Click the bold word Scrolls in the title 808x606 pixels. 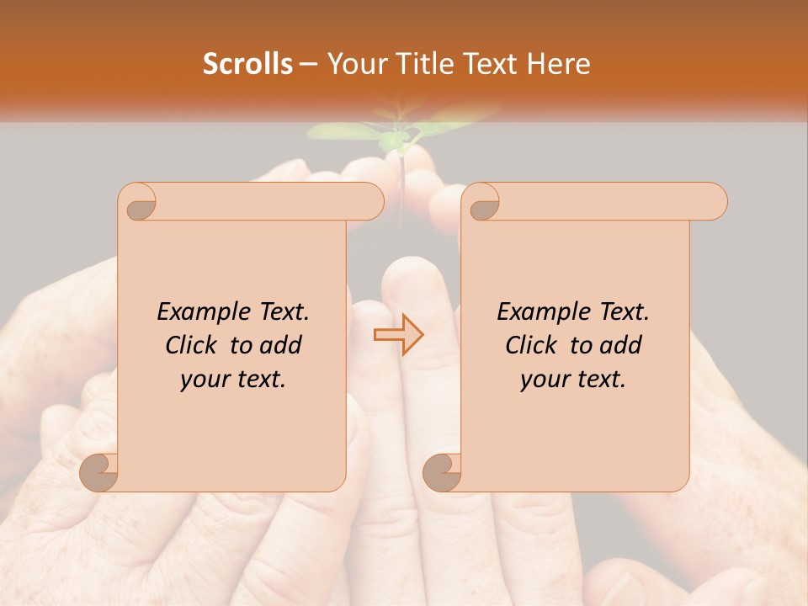[248, 64]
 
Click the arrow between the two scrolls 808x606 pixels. [398, 335]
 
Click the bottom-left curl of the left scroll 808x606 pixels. [101, 471]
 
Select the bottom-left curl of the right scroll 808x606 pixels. [444, 471]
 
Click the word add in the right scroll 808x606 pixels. [620, 346]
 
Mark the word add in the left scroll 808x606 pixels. [280, 346]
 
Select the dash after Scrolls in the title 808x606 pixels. [309, 64]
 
